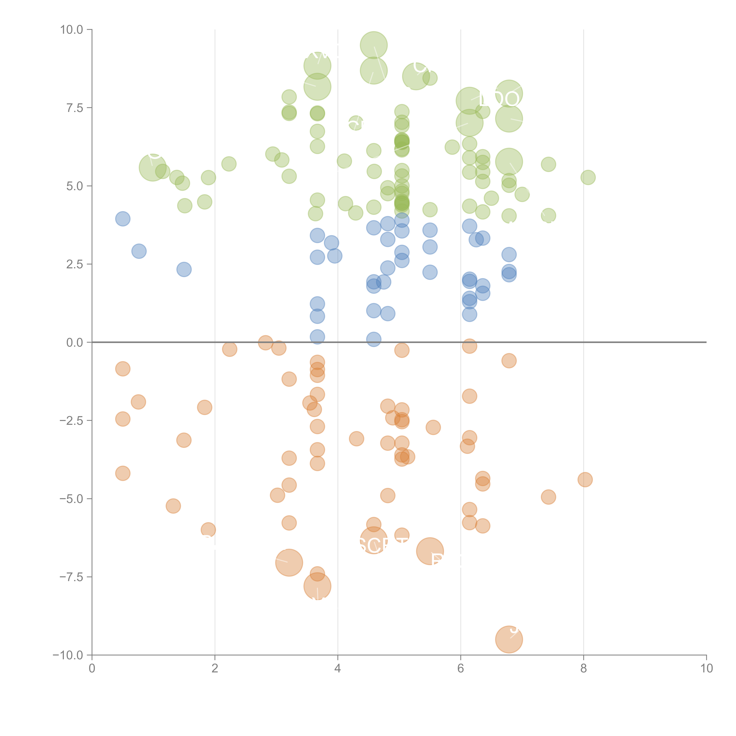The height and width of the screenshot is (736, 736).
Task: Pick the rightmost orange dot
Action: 585,480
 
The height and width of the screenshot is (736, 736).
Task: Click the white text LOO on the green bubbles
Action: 499,99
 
